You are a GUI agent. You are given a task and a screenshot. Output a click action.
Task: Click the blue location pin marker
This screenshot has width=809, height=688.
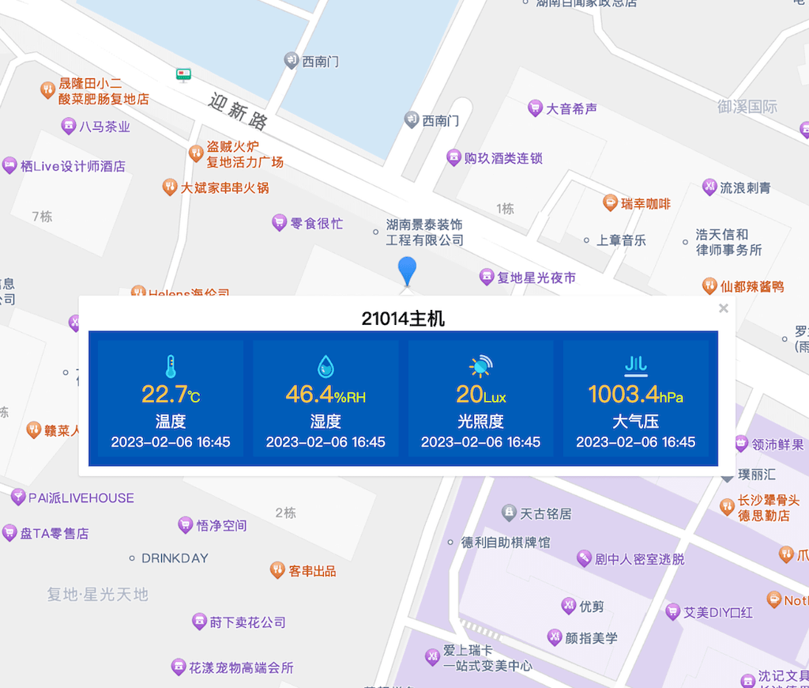tap(407, 270)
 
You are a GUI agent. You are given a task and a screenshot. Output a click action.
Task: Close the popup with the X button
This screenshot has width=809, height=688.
tap(723, 308)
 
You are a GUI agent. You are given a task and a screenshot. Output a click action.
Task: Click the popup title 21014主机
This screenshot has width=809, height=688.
tap(403, 319)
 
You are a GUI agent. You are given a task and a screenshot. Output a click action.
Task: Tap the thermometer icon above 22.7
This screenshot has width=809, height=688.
tap(170, 366)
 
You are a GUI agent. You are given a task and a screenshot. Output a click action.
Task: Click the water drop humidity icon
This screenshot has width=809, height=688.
tap(325, 366)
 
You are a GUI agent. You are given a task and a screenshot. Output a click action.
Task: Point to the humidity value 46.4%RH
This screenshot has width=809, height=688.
tap(325, 393)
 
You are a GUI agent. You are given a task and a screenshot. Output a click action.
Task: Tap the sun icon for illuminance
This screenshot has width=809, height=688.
tap(480, 366)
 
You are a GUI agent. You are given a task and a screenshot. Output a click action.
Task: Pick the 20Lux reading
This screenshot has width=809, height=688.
tap(480, 393)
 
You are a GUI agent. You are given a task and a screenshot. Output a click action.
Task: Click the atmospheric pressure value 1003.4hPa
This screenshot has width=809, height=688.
tap(635, 393)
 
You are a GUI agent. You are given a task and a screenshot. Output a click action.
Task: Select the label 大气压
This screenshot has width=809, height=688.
tap(635, 421)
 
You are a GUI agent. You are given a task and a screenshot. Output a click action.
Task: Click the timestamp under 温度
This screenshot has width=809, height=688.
tap(171, 442)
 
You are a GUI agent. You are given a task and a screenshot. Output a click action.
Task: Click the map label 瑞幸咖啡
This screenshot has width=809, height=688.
tap(645, 204)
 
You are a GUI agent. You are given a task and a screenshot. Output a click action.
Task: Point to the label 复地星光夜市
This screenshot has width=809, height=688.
tap(536, 278)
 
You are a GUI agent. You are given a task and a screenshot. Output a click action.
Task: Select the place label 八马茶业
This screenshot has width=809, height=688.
tap(104, 127)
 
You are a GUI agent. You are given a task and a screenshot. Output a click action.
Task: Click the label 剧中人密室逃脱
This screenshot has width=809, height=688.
tap(639, 559)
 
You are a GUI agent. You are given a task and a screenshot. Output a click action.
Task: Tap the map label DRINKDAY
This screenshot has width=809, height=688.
tap(175, 558)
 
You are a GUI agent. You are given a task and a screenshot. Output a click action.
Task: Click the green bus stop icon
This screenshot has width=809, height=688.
tap(184, 75)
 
